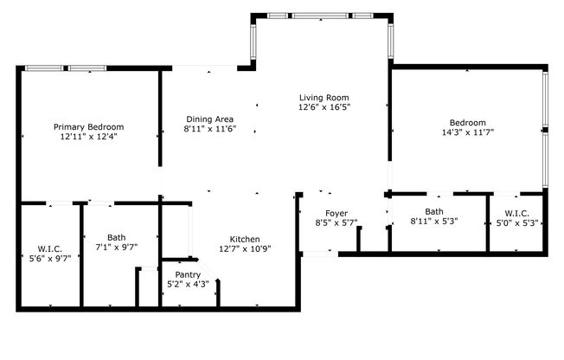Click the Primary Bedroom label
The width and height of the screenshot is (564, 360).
(87, 125)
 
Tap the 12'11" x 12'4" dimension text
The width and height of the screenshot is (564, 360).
(87, 136)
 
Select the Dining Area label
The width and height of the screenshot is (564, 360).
(209, 119)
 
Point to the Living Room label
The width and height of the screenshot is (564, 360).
(324, 97)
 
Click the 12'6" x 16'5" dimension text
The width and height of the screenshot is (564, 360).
(324, 107)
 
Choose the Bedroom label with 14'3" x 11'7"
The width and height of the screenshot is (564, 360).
(467, 122)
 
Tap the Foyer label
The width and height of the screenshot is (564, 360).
(336, 213)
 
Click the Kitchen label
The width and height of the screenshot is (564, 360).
(245, 239)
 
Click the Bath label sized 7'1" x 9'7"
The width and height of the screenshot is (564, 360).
(117, 237)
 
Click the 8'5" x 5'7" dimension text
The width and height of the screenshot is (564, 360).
(336, 223)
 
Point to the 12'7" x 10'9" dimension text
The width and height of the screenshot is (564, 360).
(245, 249)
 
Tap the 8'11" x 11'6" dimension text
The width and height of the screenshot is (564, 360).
(209, 129)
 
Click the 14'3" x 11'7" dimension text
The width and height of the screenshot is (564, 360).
(467, 132)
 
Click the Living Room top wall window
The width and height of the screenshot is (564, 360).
(320, 15)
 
